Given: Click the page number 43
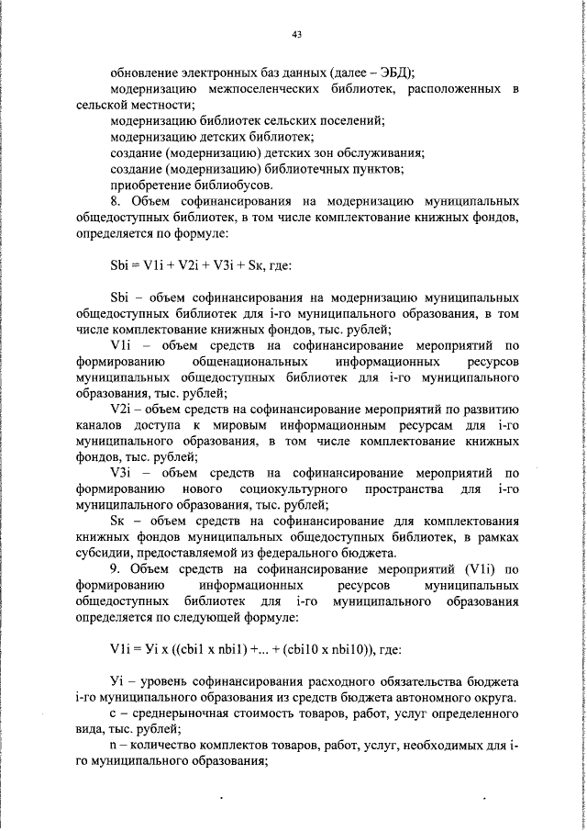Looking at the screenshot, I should pyautogui.click(x=296, y=35).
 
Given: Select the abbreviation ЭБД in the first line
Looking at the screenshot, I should pyautogui.click(x=394, y=73).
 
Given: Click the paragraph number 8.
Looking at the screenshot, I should pyautogui.click(x=114, y=199).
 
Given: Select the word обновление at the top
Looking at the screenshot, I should pyautogui.click(x=142, y=73).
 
